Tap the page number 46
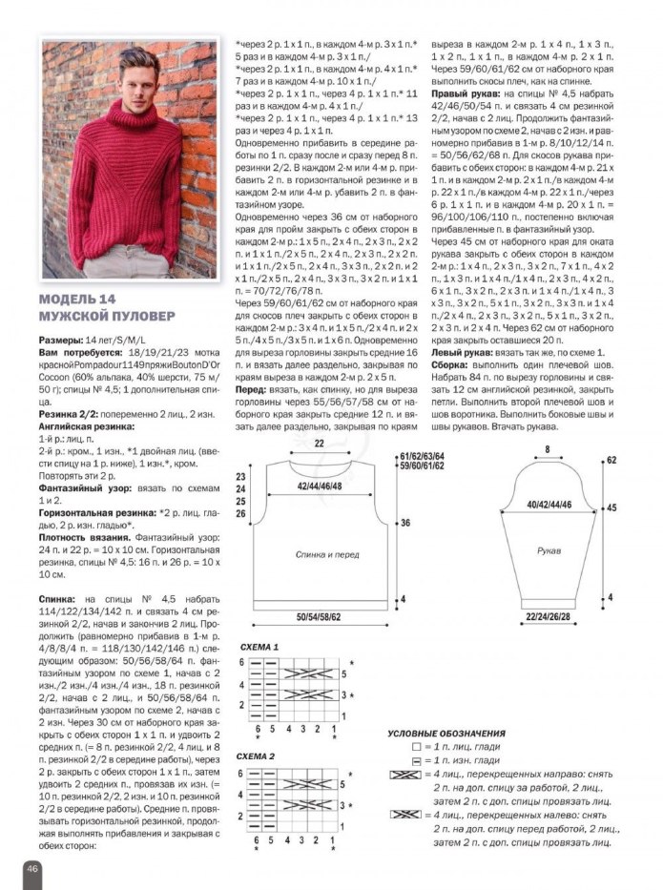(x=31, y=868)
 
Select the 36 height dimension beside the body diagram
(x=405, y=523)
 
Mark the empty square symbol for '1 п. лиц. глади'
(x=416, y=746)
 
